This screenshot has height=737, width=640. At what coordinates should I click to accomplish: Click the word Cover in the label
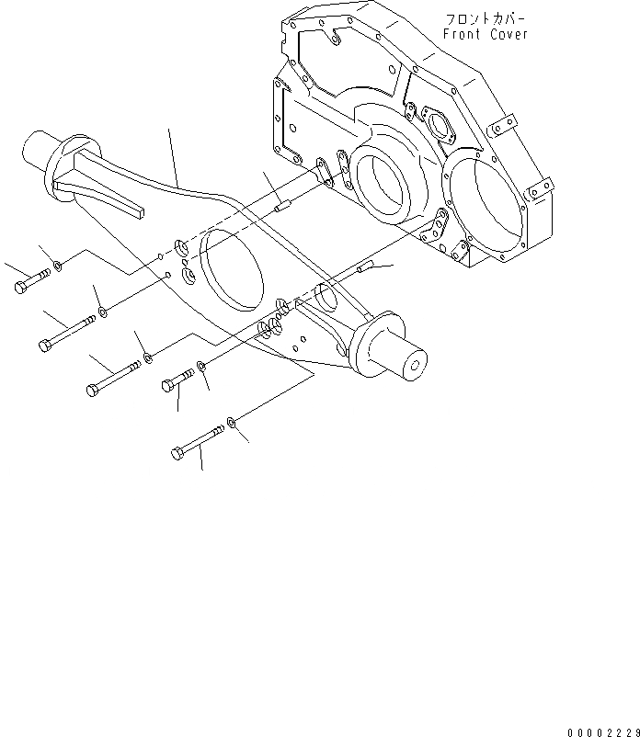pyautogui.click(x=509, y=34)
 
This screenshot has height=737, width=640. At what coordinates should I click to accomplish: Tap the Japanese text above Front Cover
pyautogui.click(x=486, y=18)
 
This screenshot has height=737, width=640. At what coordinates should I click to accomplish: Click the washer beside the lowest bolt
pyautogui.click(x=234, y=424)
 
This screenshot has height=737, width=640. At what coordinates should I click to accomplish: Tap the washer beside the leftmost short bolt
pyautogui.click(x=57, y=266)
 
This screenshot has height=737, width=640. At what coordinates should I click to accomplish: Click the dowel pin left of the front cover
pyautogui.click(x=283, y=207)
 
